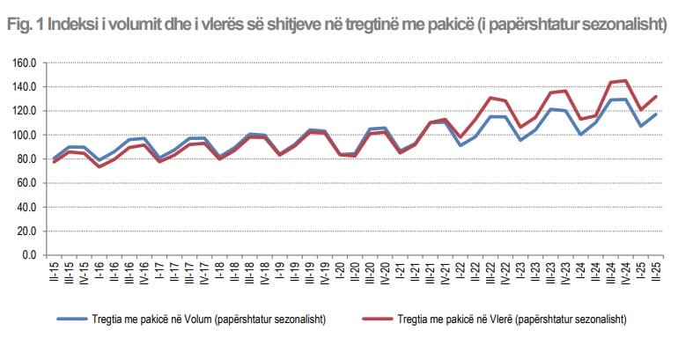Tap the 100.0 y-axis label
22,136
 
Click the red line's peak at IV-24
624,80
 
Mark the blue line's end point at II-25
655,114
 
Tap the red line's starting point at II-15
54,162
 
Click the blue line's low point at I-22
460,144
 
